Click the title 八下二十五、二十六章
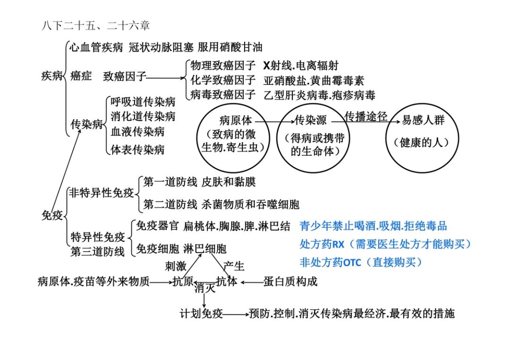[x=95, y=25]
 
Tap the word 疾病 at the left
[x=52, y=75]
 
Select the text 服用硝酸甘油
[x=230, y=48]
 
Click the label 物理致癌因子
[x=223, y=66]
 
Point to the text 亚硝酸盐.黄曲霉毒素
[x=314, y=80]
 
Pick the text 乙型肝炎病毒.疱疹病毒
[x=319, y=95]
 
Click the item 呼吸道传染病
[x=143, y=102]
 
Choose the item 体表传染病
[x=137, y=150]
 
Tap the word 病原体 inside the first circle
[x=236, y=120]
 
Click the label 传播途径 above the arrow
[x=366, y=116]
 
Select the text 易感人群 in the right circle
[x=423, y=120]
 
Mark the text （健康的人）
[x=422, y=142]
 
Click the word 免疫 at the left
[x=52, y=215]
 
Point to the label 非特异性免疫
[x=102, y=193]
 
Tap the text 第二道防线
[x=170, y=204]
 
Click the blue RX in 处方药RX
[x=338, y=244]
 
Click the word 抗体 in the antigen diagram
[x=227, y=281]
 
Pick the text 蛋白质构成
[x=290, y=281]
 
